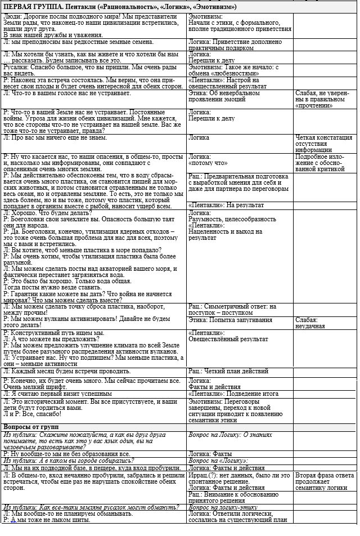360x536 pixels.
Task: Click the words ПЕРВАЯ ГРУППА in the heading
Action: pos(31,7)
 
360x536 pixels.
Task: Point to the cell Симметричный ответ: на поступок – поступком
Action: pos(232,309)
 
